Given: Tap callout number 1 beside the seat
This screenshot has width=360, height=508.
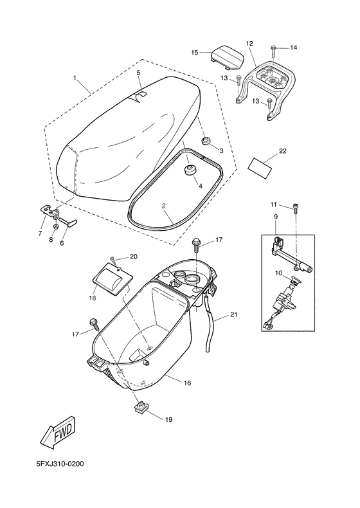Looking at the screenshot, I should click(75, 80).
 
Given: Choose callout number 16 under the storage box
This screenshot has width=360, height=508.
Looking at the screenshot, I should click(187, 383).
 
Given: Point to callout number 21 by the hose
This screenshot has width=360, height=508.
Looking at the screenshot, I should click(233, 314).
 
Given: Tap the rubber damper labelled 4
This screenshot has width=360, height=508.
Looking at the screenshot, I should click(190, 171).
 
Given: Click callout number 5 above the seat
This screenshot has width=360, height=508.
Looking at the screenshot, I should click(138, 73).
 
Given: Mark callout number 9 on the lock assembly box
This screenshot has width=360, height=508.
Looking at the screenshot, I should click(276, 217).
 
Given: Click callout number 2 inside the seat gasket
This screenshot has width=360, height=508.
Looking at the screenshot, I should click(163, 206).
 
